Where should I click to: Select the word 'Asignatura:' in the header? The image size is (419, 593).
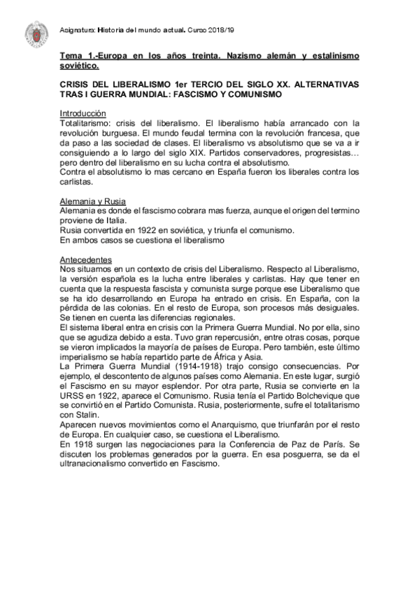coord(78,30)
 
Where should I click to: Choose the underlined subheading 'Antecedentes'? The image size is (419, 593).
coord(87,259)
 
